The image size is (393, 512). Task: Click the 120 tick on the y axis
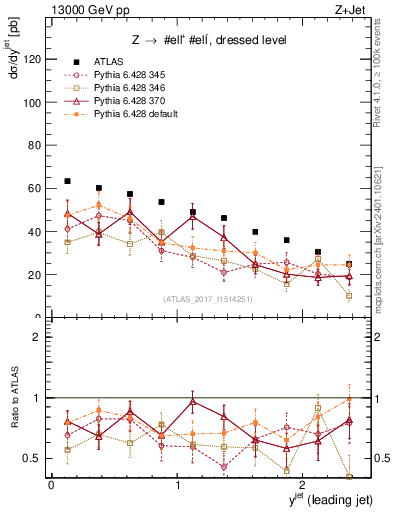(x=32, y=59)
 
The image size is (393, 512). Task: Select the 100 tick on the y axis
(x=32, y=102)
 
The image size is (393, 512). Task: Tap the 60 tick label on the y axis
(x=35, y=188)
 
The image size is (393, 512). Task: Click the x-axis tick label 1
(x=177, y=484)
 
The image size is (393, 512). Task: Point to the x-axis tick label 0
(x=51, y=484)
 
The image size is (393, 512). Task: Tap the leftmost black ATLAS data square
(x=67, y=181)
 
